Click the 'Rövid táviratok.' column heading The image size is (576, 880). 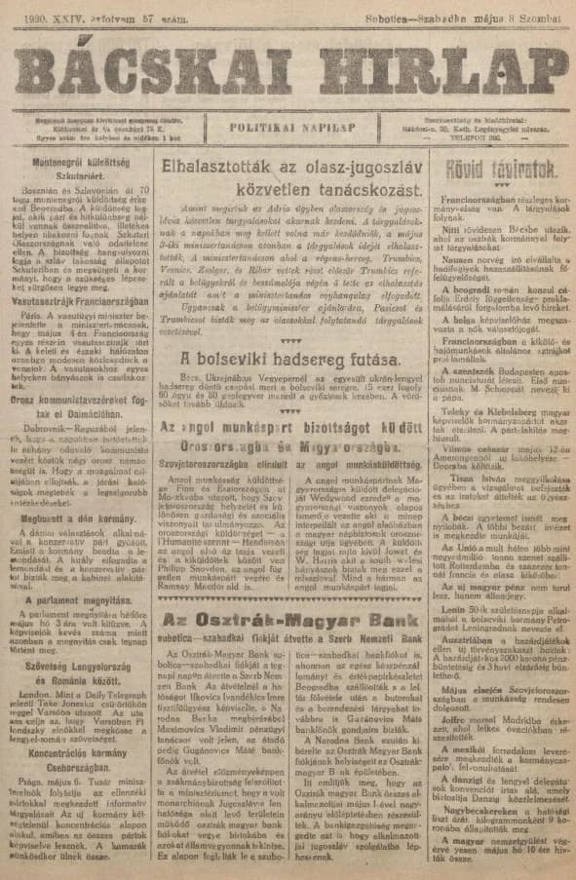506,167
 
